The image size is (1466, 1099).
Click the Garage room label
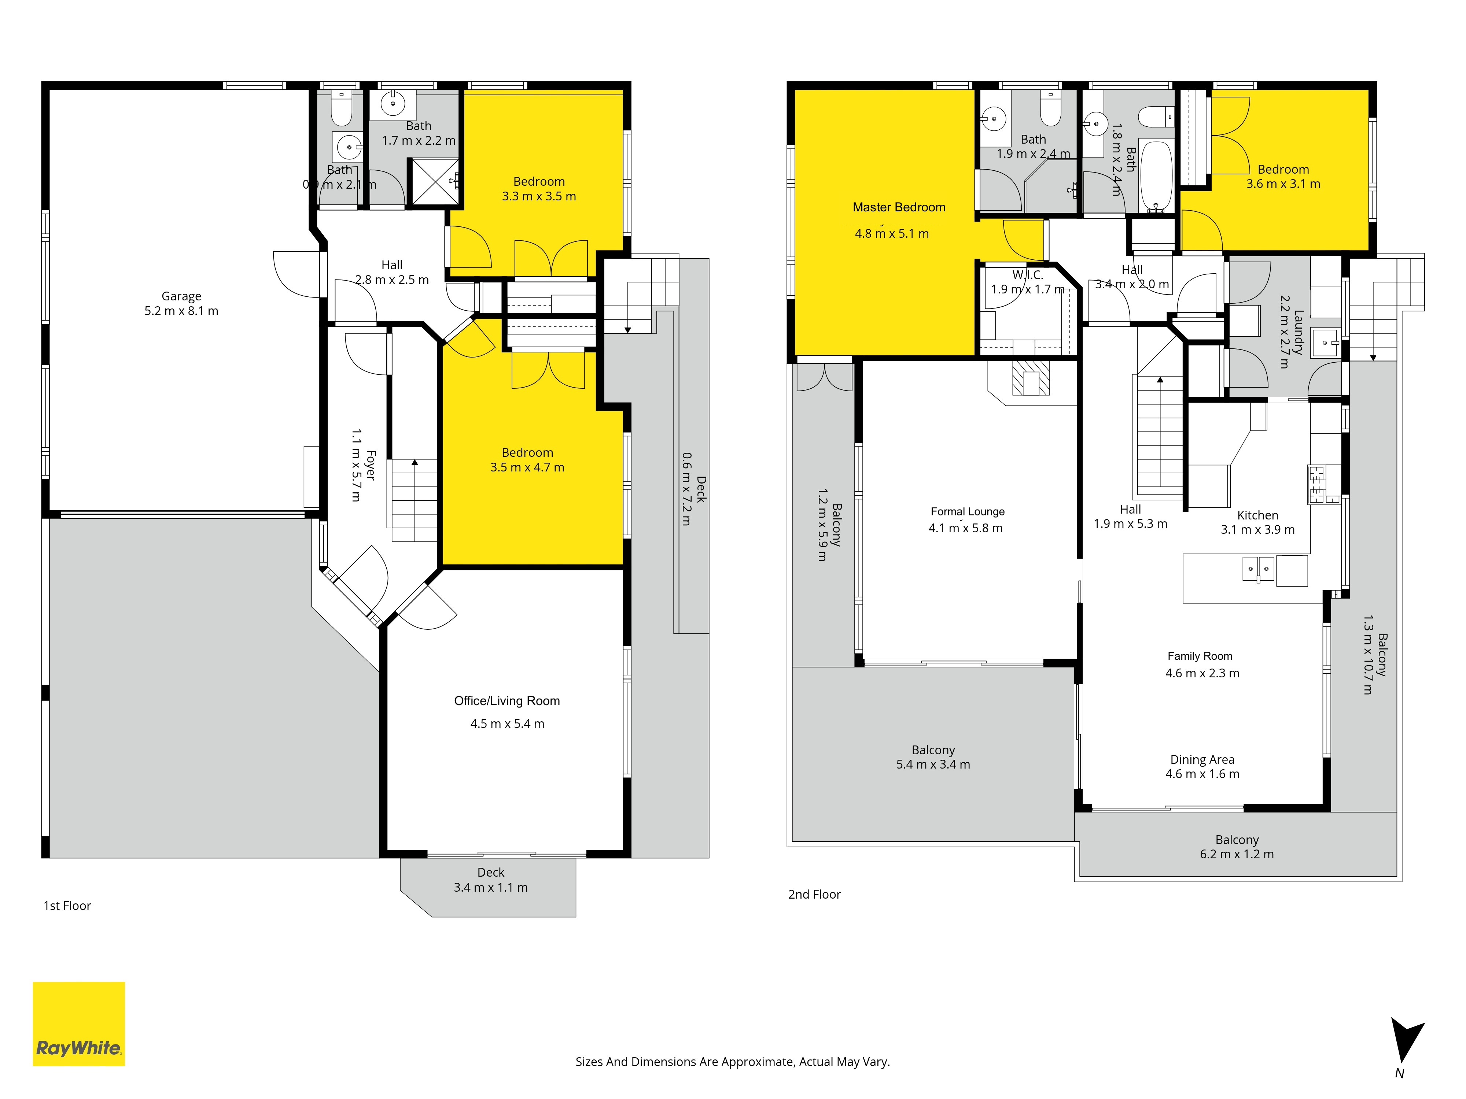pyautogui.click(x=181, y=296)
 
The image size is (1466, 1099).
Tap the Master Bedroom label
pyautogui.click(x=899, y=207)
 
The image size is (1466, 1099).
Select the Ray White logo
pyautogui.click(x=79, y=1024)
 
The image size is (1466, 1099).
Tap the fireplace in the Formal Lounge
pyautogui.click(x=1031, y=379)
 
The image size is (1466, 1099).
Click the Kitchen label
pyautogui.click(x=1257, y=515)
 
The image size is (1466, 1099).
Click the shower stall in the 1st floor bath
pyautogui.click(x=435, y=181)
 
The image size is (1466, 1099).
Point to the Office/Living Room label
pyautogui.click(x=507, y=701)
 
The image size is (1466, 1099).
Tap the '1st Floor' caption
pyautogui.click(x=67, y=906)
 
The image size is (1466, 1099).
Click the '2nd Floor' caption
pyautogui.click(x=814, y=894)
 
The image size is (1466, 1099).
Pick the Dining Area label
pyautogui.click(x=1202, y=760)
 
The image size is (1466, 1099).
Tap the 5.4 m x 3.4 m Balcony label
pyautogui.click(x=933, y=757)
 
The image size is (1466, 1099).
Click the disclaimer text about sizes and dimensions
pyautogui.click(x=732, y=1062)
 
